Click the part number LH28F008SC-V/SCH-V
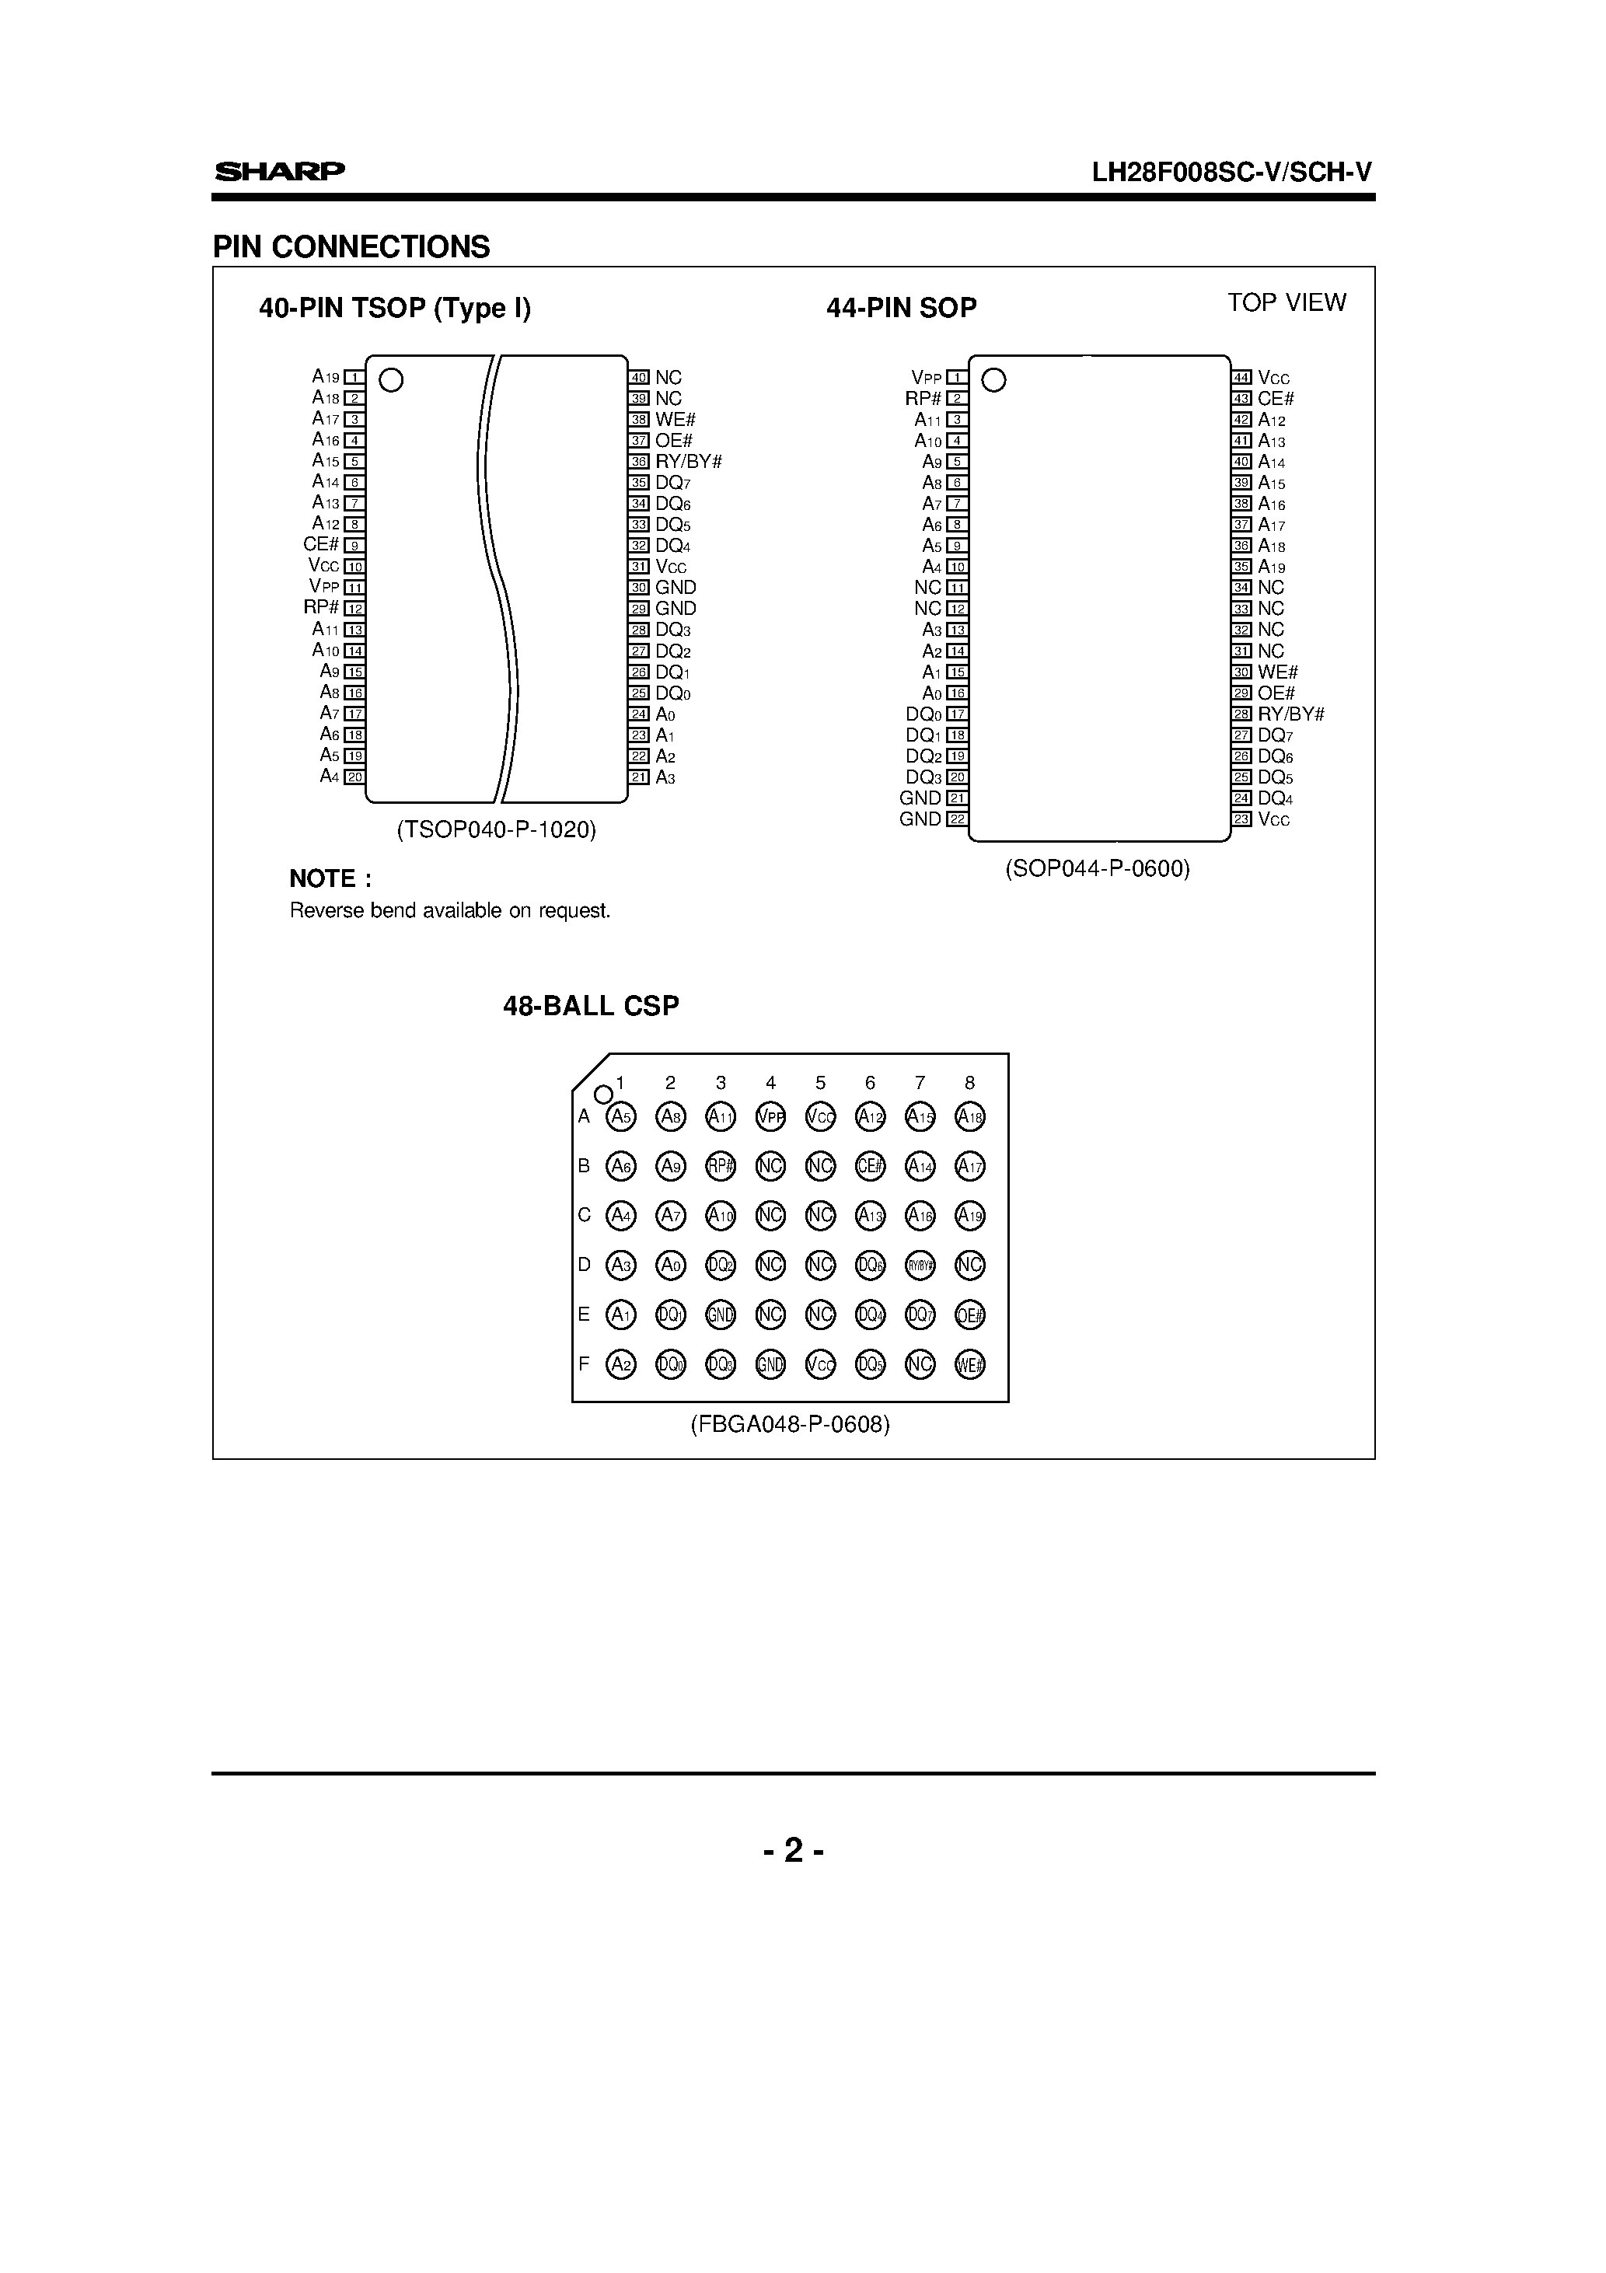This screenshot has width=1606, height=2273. pyautogui.click(x=1232, y=173)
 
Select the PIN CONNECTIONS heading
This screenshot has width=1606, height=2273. pyautogui.click(x=351, y=246)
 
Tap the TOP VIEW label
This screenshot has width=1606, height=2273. pyautogui.click(x=1287, y=303)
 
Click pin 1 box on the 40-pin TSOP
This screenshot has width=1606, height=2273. pyautogui.click(x=354, y=377)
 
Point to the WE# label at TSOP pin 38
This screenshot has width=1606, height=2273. pyautogui.click(x=676, y=420)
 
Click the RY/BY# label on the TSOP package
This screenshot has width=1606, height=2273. pyautogui.click(x=688, y=461)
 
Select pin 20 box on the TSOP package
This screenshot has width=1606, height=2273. pyautogui.click(x=354, y=777)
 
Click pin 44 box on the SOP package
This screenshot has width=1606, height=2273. pyautogui.click(x=1241, y=377)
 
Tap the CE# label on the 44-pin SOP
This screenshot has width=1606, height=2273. pyautogui.click(x=1276, y=399)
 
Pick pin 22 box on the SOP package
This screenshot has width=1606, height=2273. pyautogui.click(x=956, y=819)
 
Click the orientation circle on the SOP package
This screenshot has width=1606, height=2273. pyautogui.click(x=993, y=380)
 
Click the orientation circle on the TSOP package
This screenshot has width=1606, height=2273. pyautogui.click(x=391, y=380)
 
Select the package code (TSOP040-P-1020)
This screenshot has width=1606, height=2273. pyautogui.click(x=496, y=829)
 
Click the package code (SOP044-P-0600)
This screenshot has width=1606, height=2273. pyautogui.click(x=1097, y=869)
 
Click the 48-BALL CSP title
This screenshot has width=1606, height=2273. pyautogui.click(x=591, y=1006)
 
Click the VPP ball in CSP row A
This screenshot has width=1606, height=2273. pyautogui.click(x=770, y=1117)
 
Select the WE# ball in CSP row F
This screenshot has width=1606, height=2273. pyautogui.click(x=969, y=1364)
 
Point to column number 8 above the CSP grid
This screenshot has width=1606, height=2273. pyautogui.click(x=969, y=1083)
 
